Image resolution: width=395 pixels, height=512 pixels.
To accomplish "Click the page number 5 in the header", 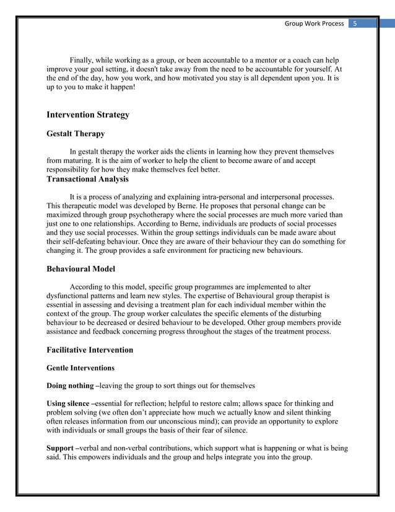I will tap(355, 24).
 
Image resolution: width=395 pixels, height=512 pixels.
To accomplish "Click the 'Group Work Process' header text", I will tap(314, 24).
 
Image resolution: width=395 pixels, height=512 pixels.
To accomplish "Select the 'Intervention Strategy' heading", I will tap(88, 115).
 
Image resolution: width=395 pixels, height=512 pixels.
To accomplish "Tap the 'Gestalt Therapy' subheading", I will tap(76, 133).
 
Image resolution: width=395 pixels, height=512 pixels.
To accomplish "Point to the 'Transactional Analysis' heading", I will tap(87, 179).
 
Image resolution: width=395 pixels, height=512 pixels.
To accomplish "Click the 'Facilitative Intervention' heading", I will tap(90, 350).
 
